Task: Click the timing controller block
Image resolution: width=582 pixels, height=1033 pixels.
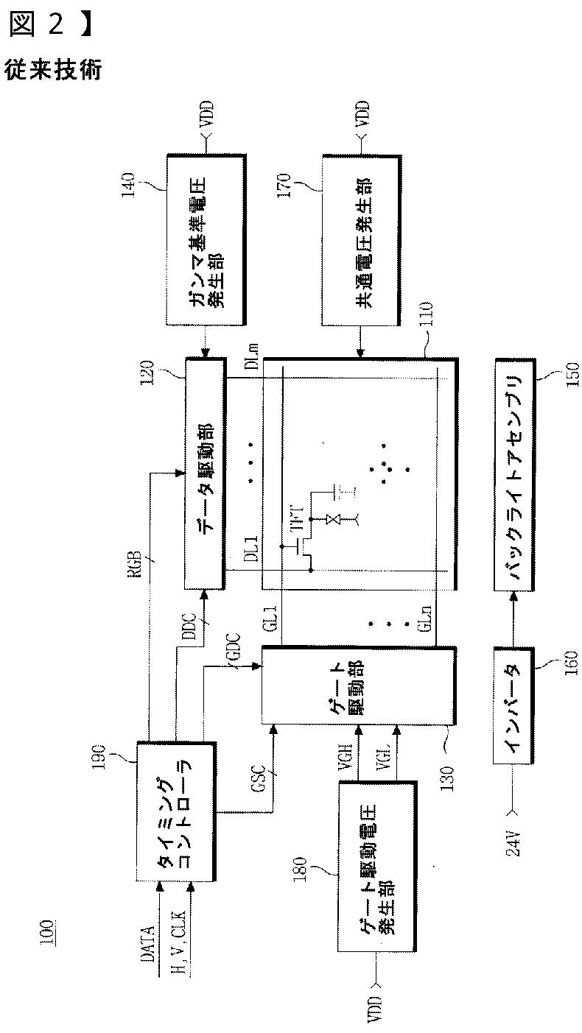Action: pos(176,811)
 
